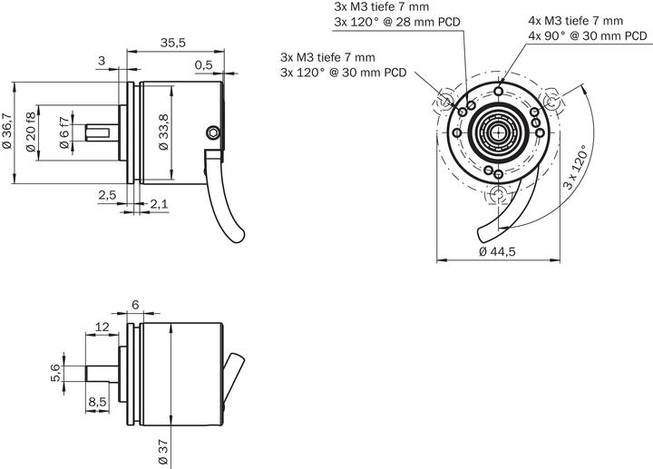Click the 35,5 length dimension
click(172, 43)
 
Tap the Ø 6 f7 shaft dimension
click(63, 132)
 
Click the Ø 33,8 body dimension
click(163, 132)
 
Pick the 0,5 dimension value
click(204, 64)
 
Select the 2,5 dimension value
click(107, 195)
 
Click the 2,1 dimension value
click(159, 204)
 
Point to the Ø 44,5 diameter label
click(496, 252)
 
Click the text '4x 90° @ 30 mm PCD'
click(588, 36)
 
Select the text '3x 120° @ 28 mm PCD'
click(396, 22)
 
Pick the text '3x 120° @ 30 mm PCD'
click(343, 72)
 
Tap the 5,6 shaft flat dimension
click(55, 371)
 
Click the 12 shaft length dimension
click(102, 327)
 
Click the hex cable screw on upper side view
click(212, 132)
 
